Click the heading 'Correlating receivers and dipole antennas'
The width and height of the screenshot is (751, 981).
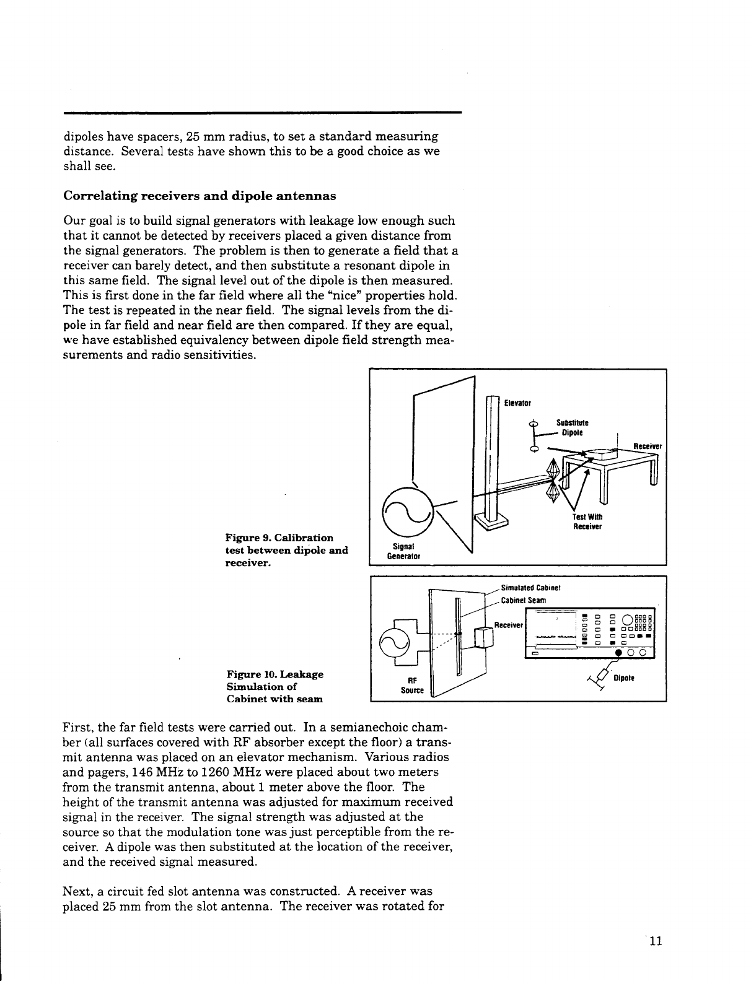coord(200,196)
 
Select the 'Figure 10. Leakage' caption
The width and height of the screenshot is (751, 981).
coord(274,674)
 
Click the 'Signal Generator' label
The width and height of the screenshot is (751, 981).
coord(403,551)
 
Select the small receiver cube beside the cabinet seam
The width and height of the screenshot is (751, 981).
coord(481,637)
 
